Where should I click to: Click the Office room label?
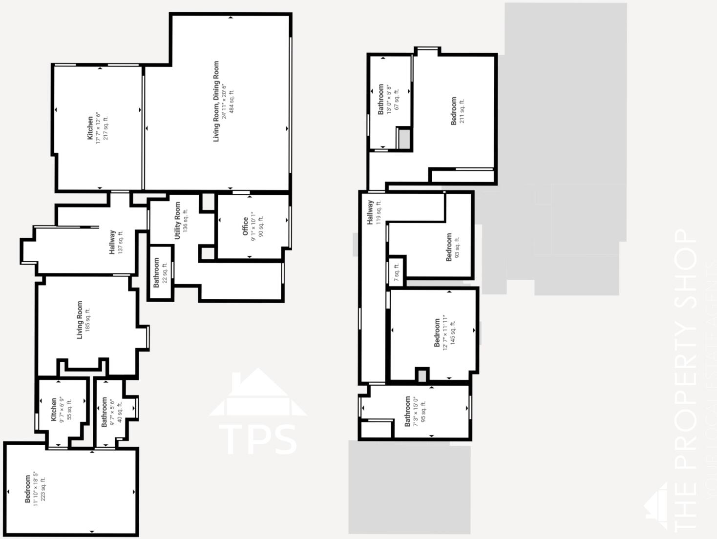coord(246,227)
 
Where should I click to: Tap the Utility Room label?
coord(177,221)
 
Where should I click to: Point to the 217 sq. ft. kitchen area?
coord(105,128)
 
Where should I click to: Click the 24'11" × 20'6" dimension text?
coord(224,102)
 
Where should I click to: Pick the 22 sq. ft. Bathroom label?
coord(157,273)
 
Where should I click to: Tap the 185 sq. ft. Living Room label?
coord(80,320)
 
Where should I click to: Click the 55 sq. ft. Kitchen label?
coord(54,410)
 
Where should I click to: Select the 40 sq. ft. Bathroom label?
coord(104,412)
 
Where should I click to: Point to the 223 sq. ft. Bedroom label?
coord(28,488)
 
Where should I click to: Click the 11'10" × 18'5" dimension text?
coord(36,488)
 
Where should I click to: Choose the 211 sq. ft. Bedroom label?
coord(454,111)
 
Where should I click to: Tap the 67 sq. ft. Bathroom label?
coord(381,100)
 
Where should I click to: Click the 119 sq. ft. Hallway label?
coord(370,212)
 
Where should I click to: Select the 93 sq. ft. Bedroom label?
coord(449,247)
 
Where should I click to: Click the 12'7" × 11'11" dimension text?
coord(445,332)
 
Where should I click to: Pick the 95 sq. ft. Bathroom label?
coord(408,411)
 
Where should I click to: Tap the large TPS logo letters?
coord(257,439)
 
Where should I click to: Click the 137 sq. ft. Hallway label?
coord(112,242)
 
